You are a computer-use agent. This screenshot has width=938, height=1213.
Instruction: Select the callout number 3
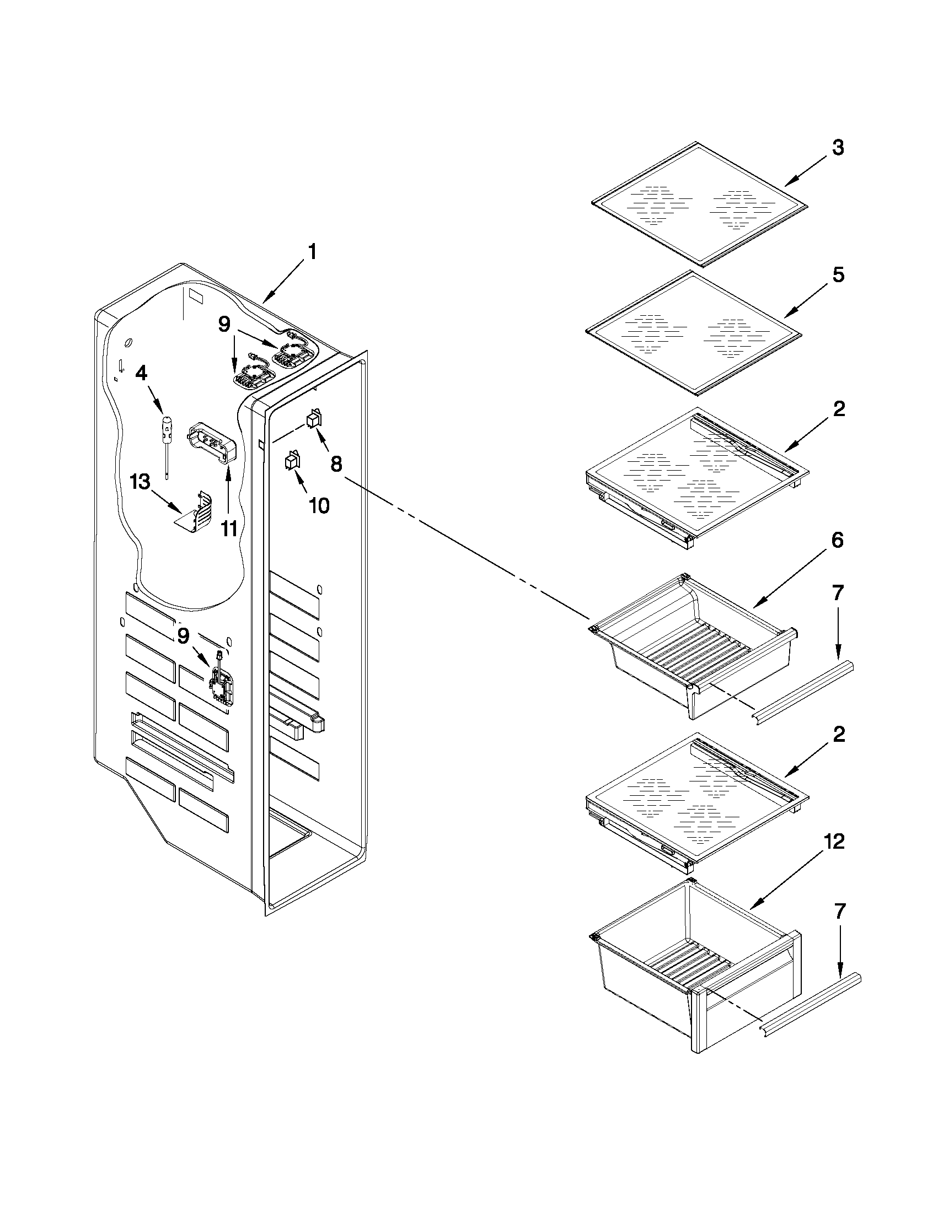tap(838, 148)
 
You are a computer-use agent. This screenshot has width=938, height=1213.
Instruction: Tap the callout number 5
tap(838, 274)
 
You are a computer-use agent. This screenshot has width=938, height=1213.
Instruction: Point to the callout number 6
tap(838, 540)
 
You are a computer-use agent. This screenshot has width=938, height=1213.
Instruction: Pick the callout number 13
tap(140, 482)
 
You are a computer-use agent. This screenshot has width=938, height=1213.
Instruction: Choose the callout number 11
tap(229, 529)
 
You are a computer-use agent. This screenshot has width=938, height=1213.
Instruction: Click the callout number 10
tap(319, 505)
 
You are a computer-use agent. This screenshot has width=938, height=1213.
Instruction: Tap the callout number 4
tap(142, 373)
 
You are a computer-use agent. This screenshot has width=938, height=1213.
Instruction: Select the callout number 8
tap(336, 463)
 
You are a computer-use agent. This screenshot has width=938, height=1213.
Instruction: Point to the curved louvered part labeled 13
tap(197, 511)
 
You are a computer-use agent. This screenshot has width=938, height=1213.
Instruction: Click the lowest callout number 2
tap(839, 734)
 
